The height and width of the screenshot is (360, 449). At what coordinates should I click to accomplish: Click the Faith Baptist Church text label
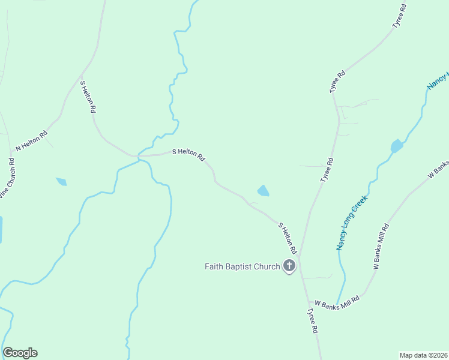(x=243, y=266)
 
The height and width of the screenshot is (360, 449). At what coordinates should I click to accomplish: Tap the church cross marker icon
(x=289, y=266)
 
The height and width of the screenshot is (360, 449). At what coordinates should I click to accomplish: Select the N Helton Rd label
(x=31, y=141)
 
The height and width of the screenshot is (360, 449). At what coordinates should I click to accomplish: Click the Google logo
(x=20, y=353)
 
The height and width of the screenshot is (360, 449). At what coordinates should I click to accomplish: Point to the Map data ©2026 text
(x=423, y=355)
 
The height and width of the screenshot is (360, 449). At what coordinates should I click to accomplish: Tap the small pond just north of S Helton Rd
(x=263, y=191)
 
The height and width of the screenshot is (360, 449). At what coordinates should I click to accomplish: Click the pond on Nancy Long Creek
(x=396, y=146)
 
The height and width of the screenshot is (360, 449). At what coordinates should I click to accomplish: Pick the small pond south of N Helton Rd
(x=61, y=181)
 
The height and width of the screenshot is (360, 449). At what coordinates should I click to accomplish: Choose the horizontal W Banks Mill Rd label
(x=337, y=302)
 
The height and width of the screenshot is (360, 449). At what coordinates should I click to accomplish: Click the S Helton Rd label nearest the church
(x=288, y=238)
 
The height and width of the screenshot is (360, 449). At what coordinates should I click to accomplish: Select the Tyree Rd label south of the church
(x=313, y=321)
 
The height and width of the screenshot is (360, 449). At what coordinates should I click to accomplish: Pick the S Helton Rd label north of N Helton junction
(x=88, y=97)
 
